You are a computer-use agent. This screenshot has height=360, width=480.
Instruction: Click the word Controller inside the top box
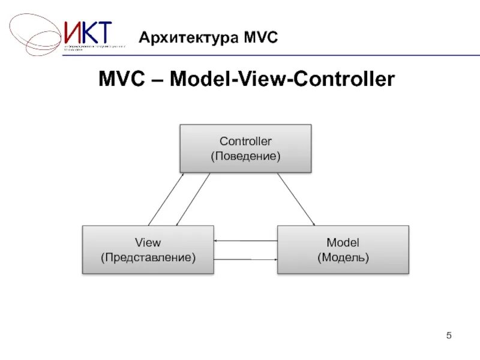point(245,142)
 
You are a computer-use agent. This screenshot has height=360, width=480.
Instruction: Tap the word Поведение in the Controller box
point(245,156)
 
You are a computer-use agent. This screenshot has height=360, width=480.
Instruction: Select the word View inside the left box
point(148,242)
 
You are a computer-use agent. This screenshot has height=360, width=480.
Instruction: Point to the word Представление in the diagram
point(148,257)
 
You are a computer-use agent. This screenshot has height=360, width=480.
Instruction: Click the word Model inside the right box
point(343,242)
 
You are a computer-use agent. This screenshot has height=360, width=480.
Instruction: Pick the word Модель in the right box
point(343,257)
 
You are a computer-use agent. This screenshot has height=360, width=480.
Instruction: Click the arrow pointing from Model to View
point(246,241)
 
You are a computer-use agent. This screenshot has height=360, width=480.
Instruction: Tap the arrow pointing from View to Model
point(246,259)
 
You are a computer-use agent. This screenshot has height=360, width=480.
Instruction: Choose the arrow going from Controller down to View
point(193,199)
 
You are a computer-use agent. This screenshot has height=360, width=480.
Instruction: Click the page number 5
point(448,334)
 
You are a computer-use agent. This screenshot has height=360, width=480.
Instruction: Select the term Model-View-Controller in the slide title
point(282,79)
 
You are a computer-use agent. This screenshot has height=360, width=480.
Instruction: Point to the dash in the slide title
point(158,80)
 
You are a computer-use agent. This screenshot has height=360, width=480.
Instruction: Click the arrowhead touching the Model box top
point(313,223)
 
